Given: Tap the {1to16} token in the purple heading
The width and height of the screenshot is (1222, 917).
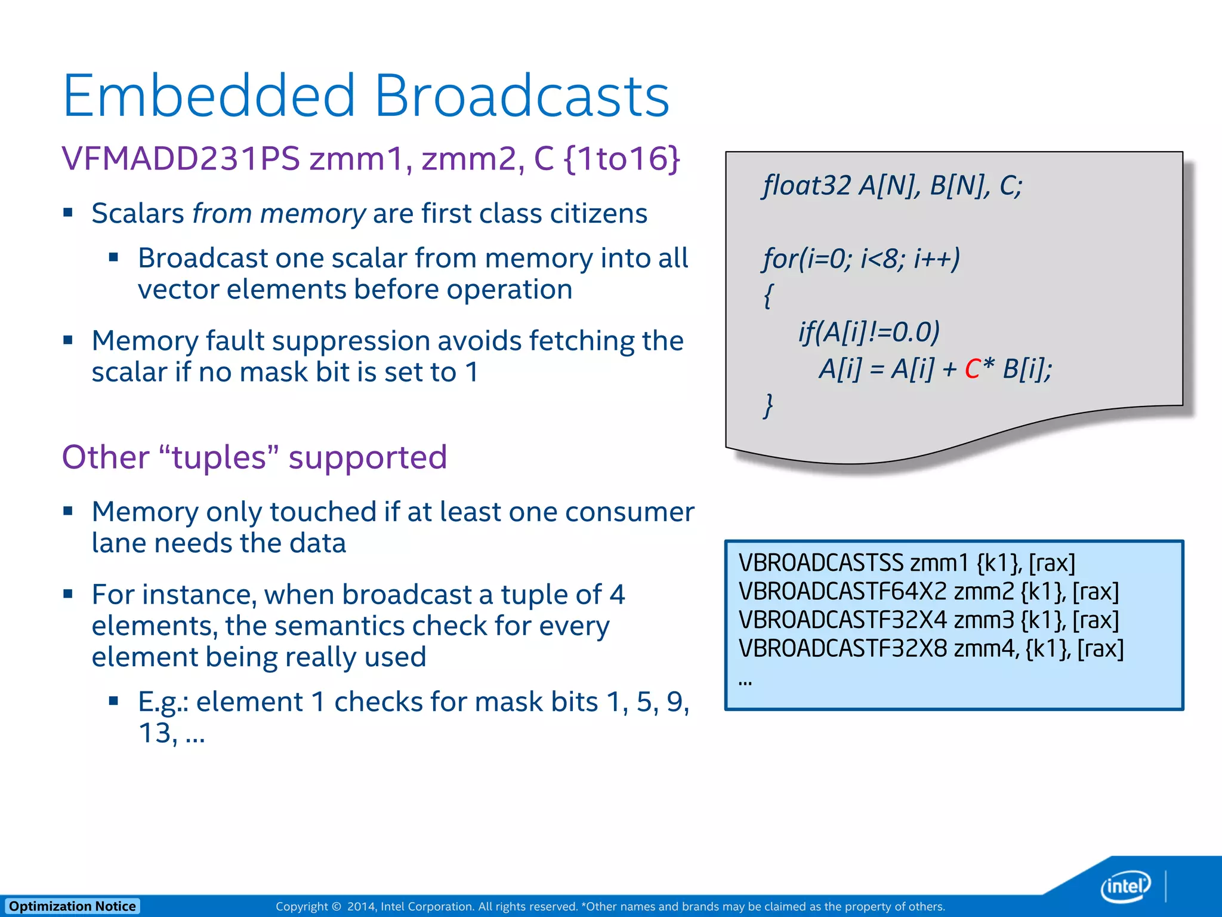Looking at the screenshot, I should pos(621,159).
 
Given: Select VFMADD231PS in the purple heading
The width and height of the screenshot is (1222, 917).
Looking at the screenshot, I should pos(180,159).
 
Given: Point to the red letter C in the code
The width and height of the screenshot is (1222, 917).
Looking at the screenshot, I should pos(972,369).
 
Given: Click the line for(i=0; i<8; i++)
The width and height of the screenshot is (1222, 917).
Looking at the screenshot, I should pos(861,259).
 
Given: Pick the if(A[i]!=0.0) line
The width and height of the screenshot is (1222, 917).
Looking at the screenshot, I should pos(869,332).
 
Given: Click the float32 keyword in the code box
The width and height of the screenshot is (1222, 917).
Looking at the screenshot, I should pos(806,186).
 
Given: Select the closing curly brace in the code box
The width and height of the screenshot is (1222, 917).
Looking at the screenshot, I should pos(769,405).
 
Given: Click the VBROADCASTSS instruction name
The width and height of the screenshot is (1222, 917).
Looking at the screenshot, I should pos(821,563).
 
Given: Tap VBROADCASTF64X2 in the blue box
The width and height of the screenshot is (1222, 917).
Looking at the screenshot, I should pos(842,592).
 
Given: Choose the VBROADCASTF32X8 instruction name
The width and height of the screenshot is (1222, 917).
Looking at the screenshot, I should pos(842,648).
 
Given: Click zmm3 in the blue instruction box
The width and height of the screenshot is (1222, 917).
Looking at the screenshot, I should pos(984,620).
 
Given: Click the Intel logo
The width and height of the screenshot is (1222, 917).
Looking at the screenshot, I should pos(1125,886).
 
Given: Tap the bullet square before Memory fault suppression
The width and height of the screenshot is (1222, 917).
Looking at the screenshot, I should pos(68,340).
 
